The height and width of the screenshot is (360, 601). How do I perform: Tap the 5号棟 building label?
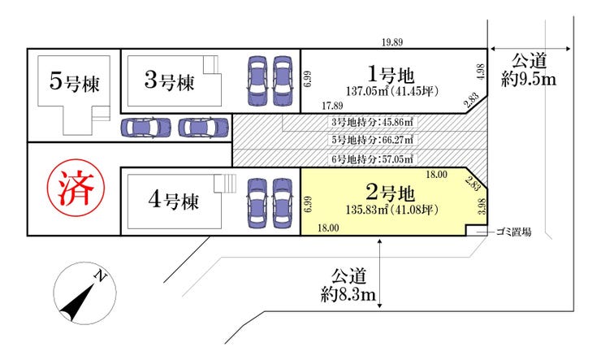coord(75,83)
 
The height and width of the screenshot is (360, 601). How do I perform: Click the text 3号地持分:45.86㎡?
coord(373,123)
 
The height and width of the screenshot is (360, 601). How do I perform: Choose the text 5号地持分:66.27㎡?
coord(373,141)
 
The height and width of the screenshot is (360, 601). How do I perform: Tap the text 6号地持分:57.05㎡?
coord(373,158)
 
